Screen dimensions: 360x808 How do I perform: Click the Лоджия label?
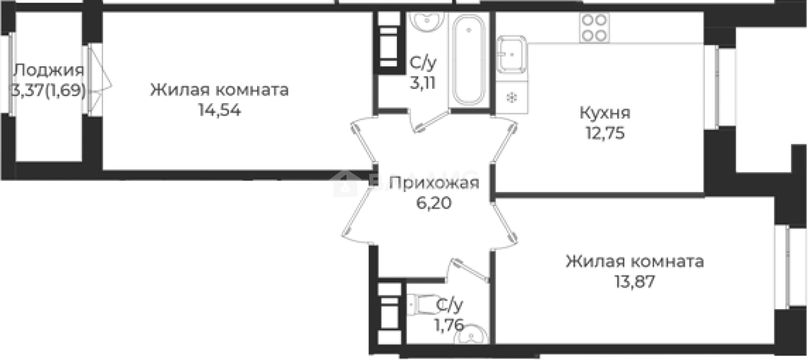point(48,70)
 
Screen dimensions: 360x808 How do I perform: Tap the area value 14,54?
point(219,109)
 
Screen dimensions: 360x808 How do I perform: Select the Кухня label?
point(604,113)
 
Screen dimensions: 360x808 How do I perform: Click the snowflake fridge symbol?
point(512,98)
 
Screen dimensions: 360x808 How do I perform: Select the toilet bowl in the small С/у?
point(422,302)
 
